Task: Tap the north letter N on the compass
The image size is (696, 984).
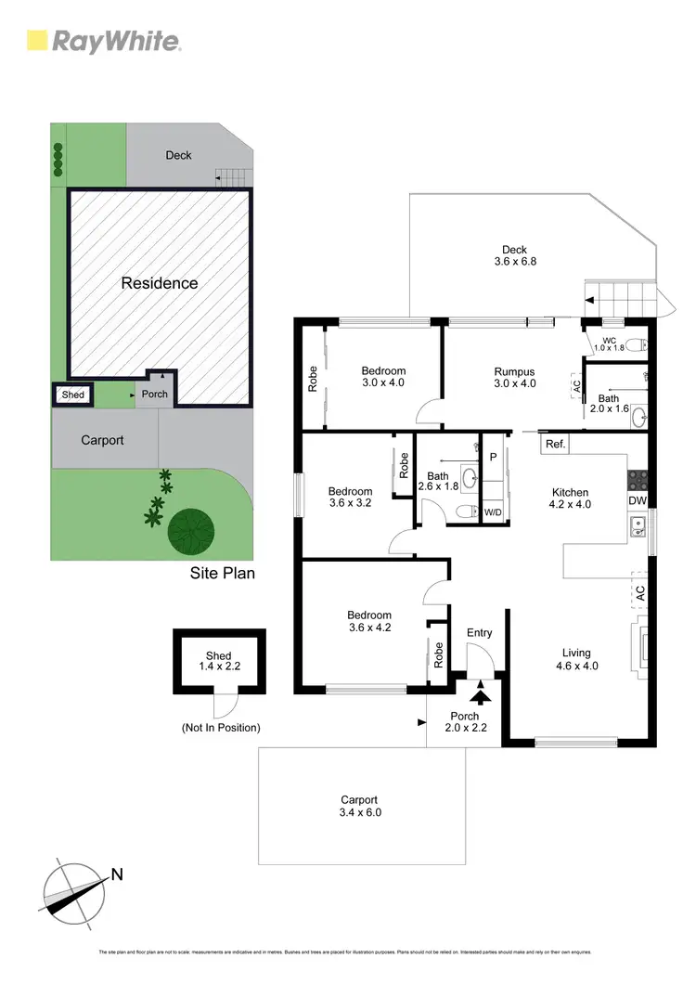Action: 117,873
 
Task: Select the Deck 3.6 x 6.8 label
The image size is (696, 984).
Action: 515,255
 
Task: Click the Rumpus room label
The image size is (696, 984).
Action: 515,378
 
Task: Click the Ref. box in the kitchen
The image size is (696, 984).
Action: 555,445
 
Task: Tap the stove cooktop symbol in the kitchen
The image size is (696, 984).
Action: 638,479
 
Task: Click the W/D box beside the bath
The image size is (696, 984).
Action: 492,511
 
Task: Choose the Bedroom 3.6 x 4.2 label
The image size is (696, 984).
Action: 369,621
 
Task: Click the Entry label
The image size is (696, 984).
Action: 480,633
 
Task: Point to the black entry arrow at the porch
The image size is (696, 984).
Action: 481,692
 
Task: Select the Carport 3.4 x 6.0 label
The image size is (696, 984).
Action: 359,805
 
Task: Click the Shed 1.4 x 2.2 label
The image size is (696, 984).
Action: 219,661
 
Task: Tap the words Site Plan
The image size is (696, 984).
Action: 223,574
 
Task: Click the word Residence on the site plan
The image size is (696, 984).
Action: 160,283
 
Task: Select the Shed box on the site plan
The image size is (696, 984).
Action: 72,395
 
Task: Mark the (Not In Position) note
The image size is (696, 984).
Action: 220,728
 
